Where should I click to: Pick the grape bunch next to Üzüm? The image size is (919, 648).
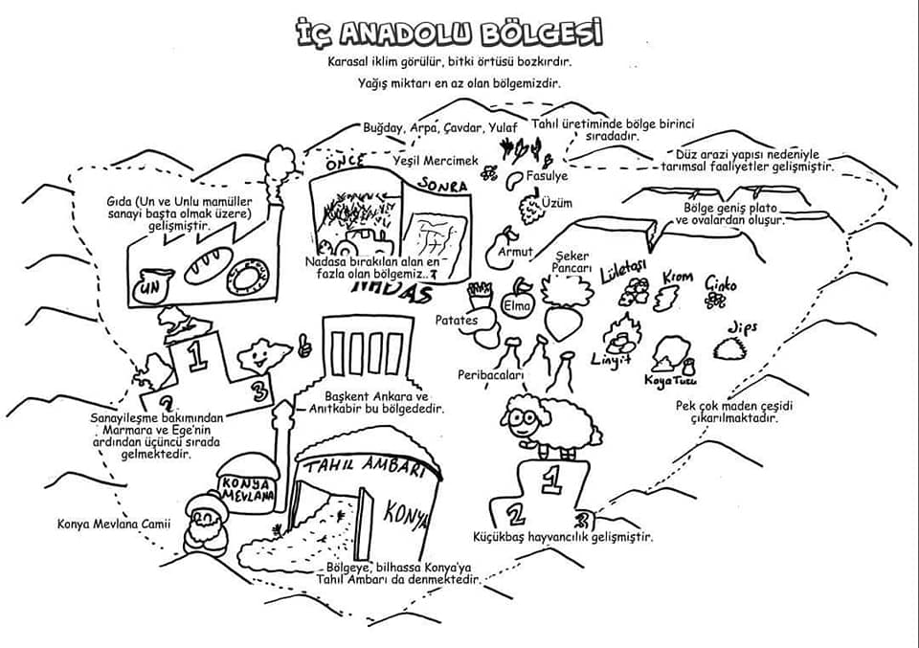[x=527, y=206]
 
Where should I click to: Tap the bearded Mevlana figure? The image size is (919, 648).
[x=205, y=525]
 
